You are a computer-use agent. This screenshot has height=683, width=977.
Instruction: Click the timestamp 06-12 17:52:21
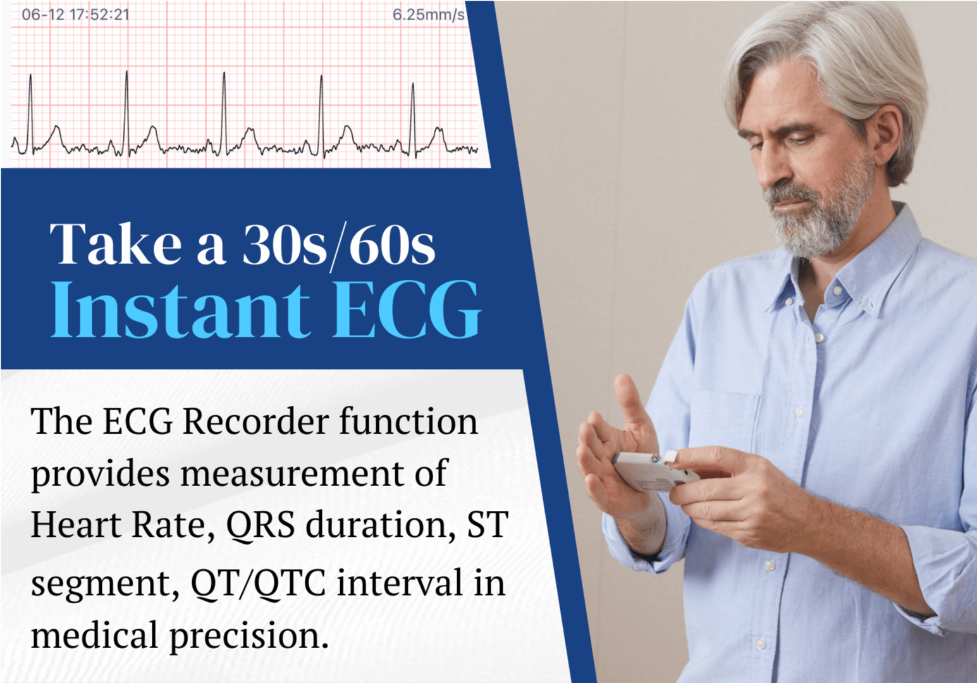click(x=75, y=15)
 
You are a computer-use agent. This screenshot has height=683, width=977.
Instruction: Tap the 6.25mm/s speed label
click(x=428, y=15)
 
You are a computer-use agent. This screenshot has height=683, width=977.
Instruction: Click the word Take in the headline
click(x=116, y=244)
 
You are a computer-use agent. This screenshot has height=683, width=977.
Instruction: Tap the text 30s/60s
click(x=338, y=246)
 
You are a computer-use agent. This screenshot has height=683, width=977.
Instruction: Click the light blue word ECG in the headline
click(x=407, y=310)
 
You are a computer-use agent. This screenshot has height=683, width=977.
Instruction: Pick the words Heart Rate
click(x=118, y=525)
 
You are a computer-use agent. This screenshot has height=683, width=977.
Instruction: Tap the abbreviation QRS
click(x=260, y=525)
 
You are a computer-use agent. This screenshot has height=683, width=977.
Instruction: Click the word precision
click(x=249, y=636)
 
